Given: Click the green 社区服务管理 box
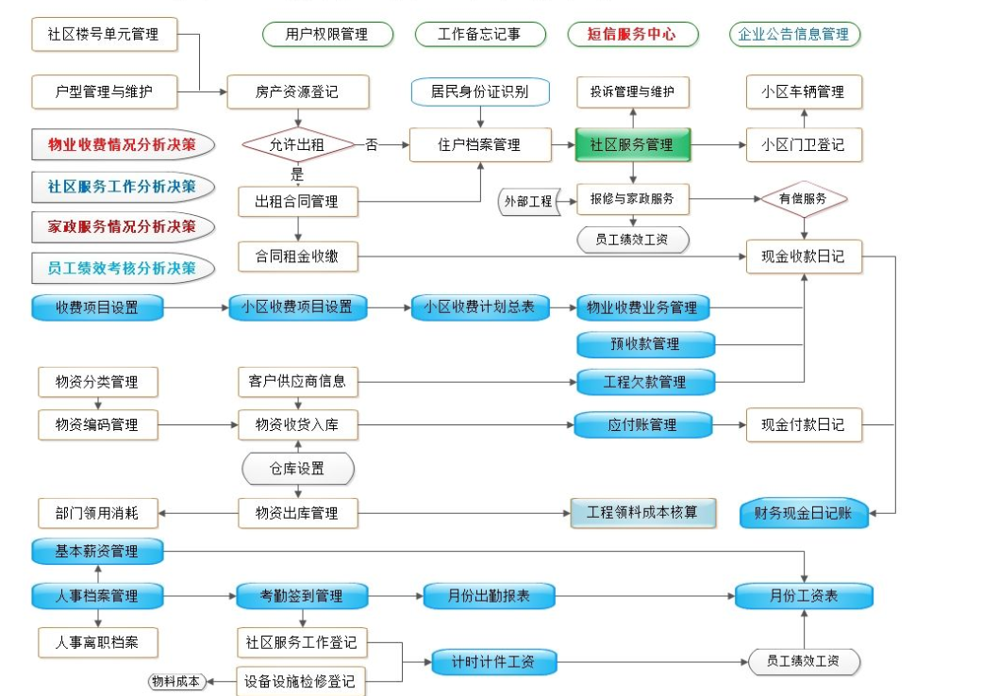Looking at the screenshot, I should coord(632,145).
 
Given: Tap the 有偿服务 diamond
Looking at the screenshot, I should coord(803,199).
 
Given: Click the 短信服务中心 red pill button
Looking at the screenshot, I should coord(632,35).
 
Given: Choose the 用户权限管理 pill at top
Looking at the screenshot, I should coord(326,35).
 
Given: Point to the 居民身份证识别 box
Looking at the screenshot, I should coord(480,91).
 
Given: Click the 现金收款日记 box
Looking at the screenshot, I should coord(804,256).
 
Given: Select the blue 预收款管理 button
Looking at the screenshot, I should coord(645,344).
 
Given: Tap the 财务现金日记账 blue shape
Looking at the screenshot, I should coord(803,513).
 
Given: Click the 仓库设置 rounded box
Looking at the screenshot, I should coord(298,469).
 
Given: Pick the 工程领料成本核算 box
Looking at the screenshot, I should coord(644,513).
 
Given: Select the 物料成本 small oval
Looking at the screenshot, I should coord(176,681).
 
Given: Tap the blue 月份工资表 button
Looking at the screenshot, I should coord(804,596).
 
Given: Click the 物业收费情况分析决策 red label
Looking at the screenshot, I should coord(123,145).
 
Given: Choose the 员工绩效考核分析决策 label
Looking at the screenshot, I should coord(123,268).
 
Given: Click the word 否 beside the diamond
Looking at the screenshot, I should coord(372,145).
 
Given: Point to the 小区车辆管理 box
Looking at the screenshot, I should coord(804,91).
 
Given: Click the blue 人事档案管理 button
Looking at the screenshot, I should coord(98,596).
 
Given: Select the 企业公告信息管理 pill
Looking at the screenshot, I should coord(794,35).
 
